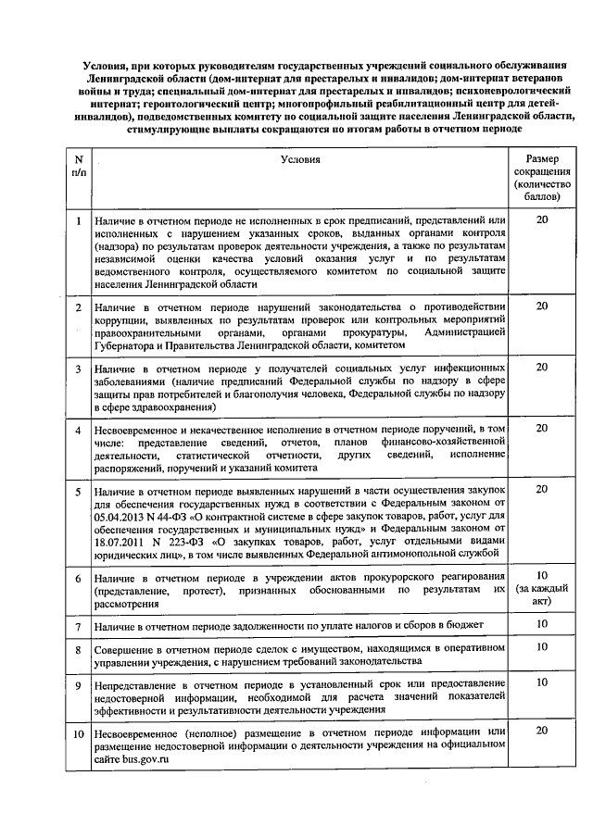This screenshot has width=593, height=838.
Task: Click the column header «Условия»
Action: [300, 159]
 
